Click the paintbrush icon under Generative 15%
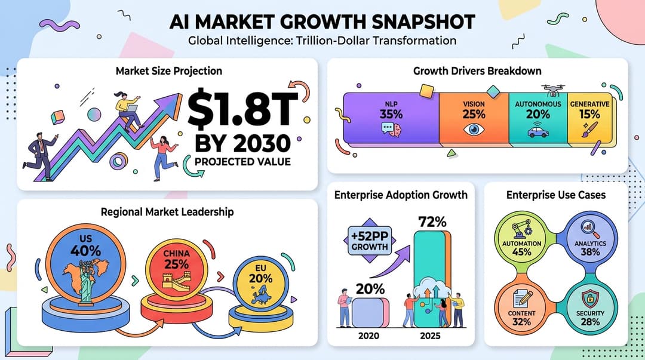pos(589,130)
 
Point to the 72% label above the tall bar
pos(433,222)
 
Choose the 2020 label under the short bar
pos(368,336)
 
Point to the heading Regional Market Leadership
pos(167,211)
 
